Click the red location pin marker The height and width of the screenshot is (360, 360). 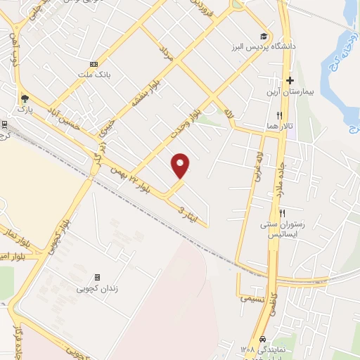click(x=181, y=165)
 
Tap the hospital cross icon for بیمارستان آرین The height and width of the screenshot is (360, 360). click(x=289, y=81)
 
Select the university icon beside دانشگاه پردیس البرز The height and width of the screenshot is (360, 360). click(x=264, y=37)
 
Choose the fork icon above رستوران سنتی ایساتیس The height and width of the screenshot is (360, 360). click(x=283, y=213)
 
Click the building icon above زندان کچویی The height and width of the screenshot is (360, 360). click(x=97, y=277)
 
